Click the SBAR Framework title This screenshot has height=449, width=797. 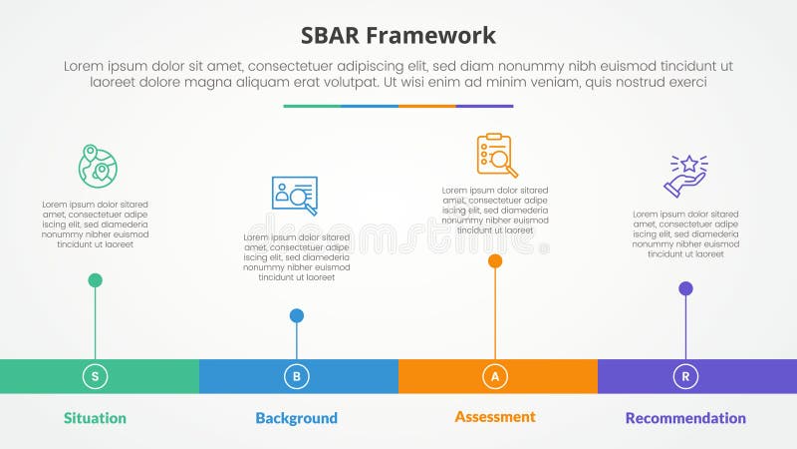[398, 36]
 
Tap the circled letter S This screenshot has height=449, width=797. [96, 376]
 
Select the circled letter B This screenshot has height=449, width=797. [297, 376]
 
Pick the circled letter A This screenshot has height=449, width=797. [495, 376]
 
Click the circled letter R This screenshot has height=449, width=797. [685, 376]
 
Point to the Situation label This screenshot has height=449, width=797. [95, 418]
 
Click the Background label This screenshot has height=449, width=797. [296, 418]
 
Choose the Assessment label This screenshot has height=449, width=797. [495, 416]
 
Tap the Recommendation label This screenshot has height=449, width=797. [685, 418]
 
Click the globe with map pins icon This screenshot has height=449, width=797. [98, 165]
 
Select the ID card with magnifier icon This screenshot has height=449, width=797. [295, 196]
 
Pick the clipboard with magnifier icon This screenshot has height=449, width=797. [496, 156]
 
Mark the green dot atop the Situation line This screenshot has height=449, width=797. [96, 280]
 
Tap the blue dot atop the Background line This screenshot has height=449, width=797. [297, 316]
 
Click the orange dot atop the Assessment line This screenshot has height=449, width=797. [495, 261]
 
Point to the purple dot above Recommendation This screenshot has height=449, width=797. [685, 289]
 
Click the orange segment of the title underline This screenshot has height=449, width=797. [427, 106]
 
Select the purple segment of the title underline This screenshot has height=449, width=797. [485, 106]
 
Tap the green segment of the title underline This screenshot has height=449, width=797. [312, 106]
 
